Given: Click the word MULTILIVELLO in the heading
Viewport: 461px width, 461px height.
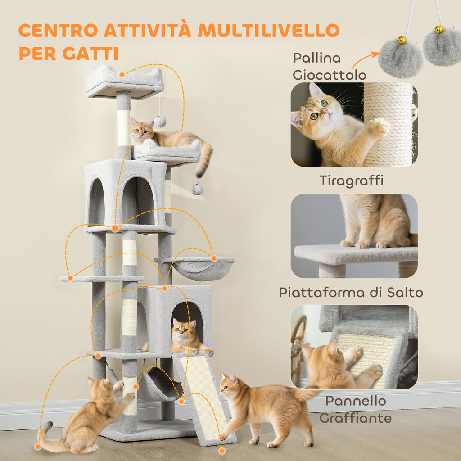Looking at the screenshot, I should point(268,31).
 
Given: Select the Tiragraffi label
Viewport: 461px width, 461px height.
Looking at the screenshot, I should point(351,181).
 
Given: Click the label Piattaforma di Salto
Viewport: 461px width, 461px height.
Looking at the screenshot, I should point(351,293).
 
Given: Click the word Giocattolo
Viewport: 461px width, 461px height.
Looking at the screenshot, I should point(329,75).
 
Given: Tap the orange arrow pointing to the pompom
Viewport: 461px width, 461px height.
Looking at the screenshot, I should point(365,59).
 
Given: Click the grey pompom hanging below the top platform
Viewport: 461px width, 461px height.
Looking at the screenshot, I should point(160,122).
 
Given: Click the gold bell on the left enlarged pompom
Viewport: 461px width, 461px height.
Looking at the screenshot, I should point(402,41).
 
